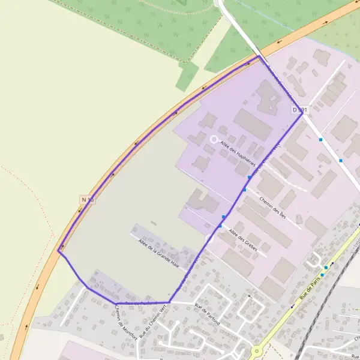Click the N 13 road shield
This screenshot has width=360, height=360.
pos(88,199)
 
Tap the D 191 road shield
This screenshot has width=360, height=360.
pos(299,110)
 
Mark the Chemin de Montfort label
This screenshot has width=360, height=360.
pos(127,319)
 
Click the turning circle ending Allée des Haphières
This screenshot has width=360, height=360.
pos(213,139)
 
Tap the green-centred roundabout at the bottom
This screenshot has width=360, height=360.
pos(257,352)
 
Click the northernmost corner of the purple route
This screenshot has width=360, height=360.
pos(259,57)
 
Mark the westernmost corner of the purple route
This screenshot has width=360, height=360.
pos(58,251)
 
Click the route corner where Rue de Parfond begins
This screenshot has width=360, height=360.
pos(169,302)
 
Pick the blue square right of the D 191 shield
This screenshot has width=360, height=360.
pos(321,139)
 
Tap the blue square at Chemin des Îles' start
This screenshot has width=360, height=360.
pos(244,190)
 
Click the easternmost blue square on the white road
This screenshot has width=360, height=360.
pos(341,160)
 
